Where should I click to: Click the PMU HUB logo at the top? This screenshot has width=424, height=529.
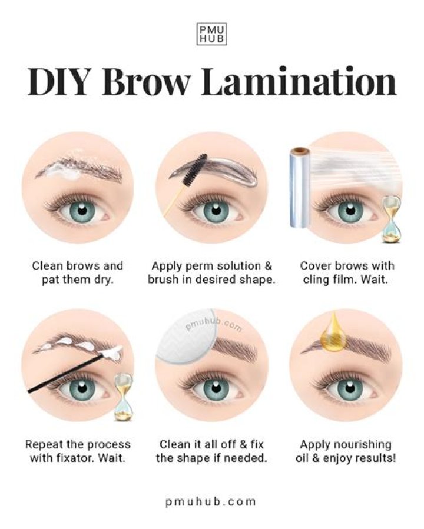(x=211, y=34)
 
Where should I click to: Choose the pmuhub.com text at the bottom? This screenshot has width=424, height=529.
(x=211, y=501)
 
